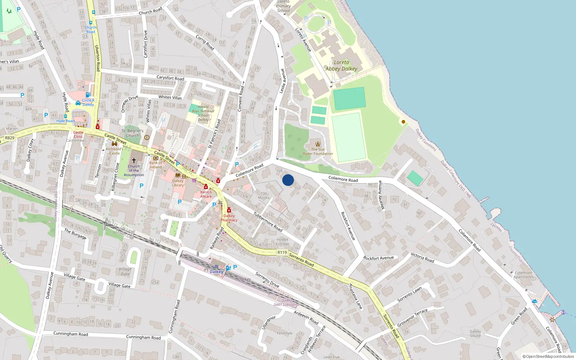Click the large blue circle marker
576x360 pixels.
[288, 180]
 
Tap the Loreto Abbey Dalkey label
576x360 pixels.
[341, 66]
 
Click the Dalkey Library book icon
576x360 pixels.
[177, 175]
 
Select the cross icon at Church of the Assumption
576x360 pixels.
[134, 160]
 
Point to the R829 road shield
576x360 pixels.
[10, 138]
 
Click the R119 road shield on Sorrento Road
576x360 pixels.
[282, 252]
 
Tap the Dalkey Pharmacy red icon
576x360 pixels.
[229, 210]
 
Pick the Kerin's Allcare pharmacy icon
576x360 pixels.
[206, 186]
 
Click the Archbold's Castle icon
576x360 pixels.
[114, 144]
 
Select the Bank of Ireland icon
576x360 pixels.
[156, 158]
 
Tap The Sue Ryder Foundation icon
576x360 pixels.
[318, 144]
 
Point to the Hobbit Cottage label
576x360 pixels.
[283, 242]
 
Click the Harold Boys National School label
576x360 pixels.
[203, 113]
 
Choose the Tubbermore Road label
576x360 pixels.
[268, 221]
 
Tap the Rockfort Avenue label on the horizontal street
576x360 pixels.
[378, 258]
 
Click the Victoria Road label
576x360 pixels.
[422, 257]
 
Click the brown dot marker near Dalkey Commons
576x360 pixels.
[404, 122]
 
